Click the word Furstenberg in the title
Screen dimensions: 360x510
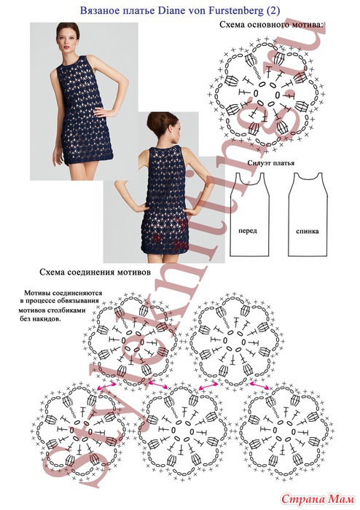coord(231,11)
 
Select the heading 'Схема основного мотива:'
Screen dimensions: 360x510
coord(272,25)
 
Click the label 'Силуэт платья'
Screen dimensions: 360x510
coord(270,162)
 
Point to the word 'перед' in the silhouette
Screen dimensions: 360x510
coord(248,231)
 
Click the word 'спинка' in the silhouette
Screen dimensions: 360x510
coord(308,232)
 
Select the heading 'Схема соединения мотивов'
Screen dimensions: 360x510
coord(95,272)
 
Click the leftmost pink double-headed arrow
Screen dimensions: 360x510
coord(106,385)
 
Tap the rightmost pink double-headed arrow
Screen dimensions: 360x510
coord(259,385)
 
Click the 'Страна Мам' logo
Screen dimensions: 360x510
coord(318,498)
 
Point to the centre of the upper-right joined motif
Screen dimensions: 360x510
coord(234,340)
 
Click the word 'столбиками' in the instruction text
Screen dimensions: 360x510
coord(69,310)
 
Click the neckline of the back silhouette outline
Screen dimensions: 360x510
coord(308,178)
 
